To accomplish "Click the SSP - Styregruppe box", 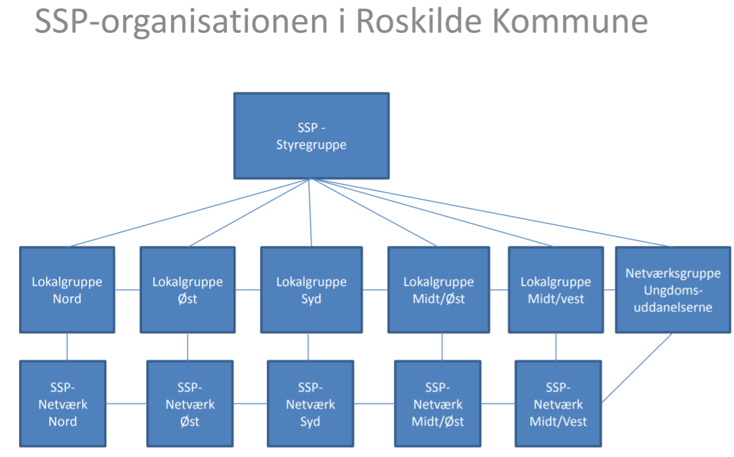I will coord(311,136).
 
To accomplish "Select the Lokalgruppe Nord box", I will coord(67,290).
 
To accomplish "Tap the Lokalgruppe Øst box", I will coord(187,290).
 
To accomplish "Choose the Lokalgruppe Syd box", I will coord(311,290).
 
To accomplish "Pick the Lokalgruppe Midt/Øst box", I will coord(438,290).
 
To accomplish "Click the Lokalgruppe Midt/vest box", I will coord(556,290).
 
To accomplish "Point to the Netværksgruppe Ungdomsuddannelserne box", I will coord(673,290).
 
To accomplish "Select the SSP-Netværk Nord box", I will coord(63,404).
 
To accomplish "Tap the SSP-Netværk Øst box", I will coord(190,404).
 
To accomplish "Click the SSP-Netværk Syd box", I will coord(311,404).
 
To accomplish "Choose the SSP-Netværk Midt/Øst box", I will coord(438,404).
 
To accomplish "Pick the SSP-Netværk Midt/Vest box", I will coord(558,404).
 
